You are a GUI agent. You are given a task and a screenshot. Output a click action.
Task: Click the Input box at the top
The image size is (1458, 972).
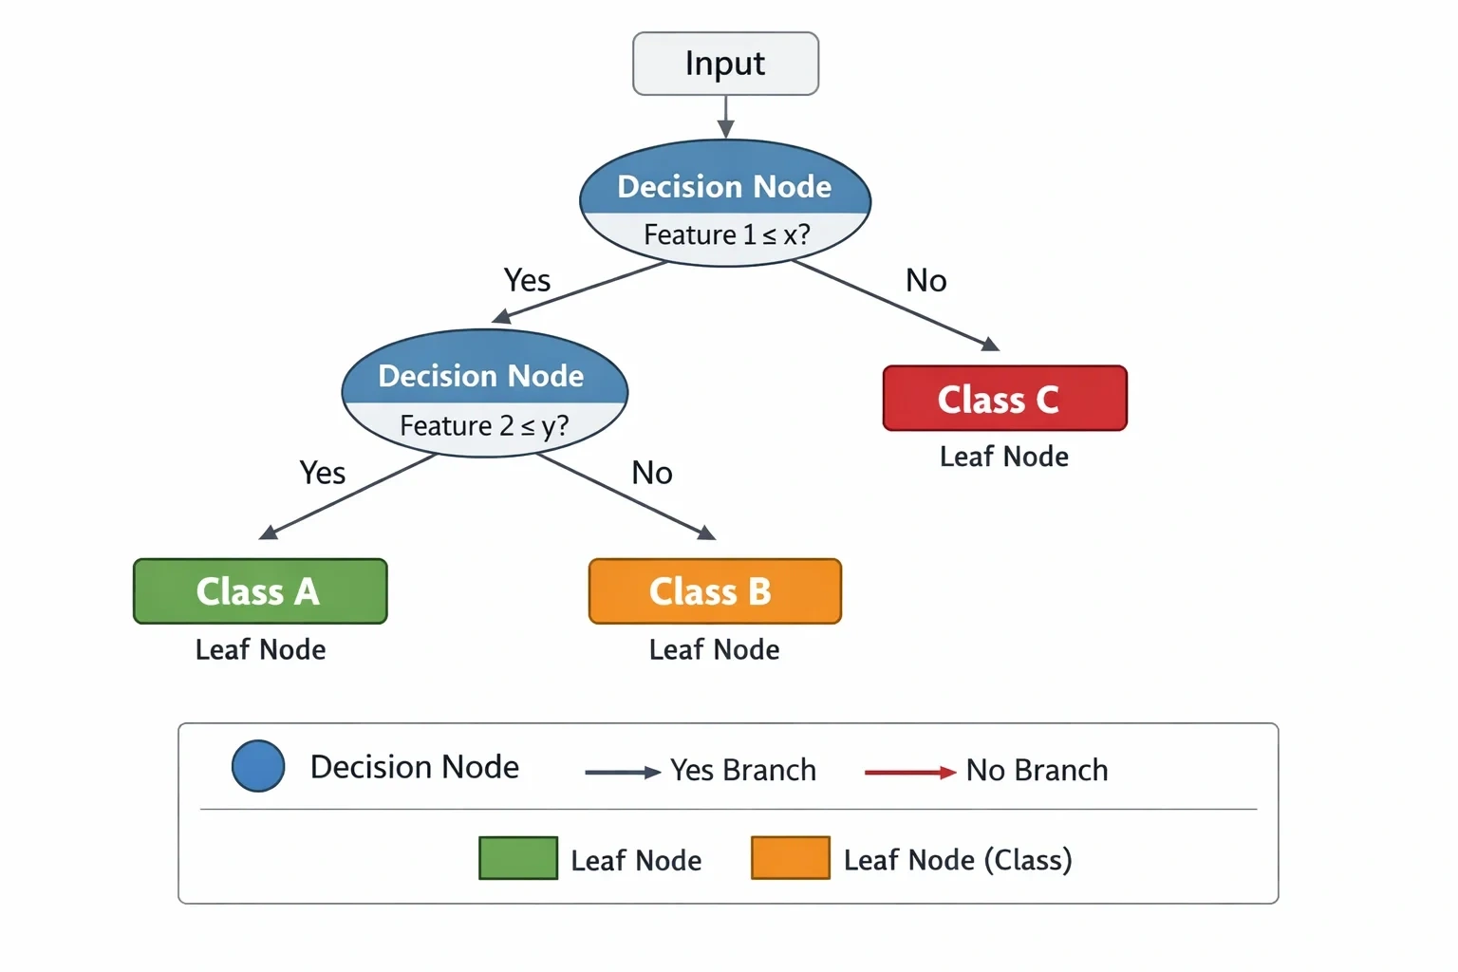[726, 64]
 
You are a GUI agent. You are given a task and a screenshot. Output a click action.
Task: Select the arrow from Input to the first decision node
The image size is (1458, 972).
[726, 117]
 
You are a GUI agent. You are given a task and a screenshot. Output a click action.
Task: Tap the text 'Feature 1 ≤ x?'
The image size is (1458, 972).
[727, 234]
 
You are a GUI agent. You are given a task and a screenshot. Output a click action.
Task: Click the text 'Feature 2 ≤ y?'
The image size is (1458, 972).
[484, 426]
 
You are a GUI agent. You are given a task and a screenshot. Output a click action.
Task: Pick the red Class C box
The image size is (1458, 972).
[1005, 398]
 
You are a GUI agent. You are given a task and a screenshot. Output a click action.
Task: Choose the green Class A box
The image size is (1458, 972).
[260, 591]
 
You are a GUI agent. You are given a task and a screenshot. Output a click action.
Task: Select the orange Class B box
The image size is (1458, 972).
[715, 591]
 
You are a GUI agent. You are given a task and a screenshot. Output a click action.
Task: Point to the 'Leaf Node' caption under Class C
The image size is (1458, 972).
[1004, 457]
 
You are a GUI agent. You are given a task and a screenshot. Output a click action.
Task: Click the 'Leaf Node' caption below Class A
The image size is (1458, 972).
[260, 649]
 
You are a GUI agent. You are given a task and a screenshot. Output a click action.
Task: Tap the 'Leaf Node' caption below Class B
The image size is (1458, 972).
[714, 649]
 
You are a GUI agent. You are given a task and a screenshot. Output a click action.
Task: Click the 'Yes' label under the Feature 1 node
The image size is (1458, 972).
[527, 281]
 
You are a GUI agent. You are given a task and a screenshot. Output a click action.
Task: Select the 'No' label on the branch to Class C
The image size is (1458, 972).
[926, 281]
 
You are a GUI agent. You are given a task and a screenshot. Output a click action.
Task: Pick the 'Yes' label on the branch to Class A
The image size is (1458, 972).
[322, 473]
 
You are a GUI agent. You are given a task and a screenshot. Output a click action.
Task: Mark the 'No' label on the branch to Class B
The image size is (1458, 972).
[651, 473]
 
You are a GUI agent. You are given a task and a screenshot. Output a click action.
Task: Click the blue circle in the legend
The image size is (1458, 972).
[258, 766]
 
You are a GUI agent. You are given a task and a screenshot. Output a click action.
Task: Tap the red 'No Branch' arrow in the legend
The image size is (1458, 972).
[910, 773]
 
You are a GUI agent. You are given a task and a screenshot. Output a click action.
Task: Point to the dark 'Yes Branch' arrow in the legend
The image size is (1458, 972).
[623, 773]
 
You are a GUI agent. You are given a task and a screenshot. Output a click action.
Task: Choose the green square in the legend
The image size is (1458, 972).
[518, 858]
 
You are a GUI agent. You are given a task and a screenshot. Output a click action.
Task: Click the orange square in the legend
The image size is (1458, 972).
[791, 858]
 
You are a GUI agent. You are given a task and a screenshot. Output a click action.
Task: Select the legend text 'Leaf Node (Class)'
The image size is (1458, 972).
[958, 860]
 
